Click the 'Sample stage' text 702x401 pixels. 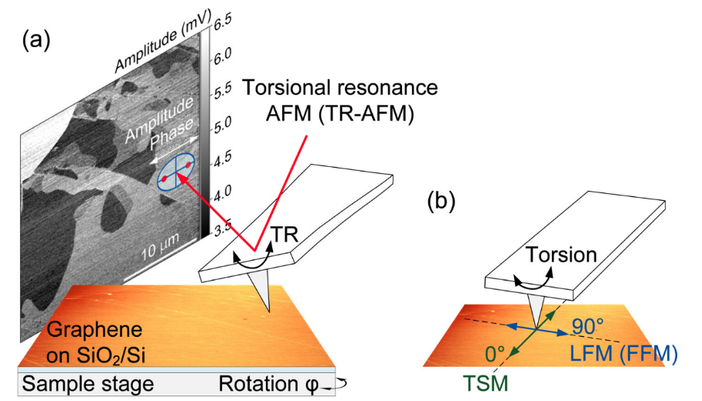[x=88, y=383]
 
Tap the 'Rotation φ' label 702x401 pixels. [x=270, y=383]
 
